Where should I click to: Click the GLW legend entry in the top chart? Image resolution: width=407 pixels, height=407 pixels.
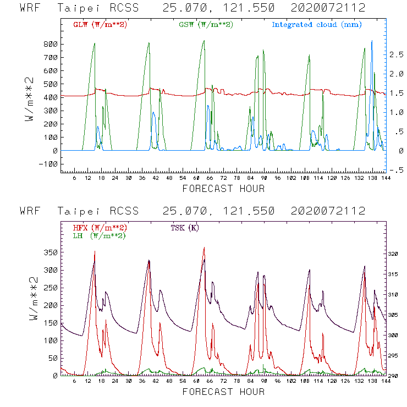coord(100,25)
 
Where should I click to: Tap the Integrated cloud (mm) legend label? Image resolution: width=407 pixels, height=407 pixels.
coord(317,25)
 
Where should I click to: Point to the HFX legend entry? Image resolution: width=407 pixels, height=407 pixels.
coord(99,227)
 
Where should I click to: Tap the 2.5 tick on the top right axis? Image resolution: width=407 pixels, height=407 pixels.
coord(396,54)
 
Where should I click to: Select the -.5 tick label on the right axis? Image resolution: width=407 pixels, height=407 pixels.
coord(396,169)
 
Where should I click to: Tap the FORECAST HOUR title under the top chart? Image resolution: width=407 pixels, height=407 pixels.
coord(223,189)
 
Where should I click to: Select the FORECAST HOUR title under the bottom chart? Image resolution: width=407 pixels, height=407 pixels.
coord(223,392)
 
